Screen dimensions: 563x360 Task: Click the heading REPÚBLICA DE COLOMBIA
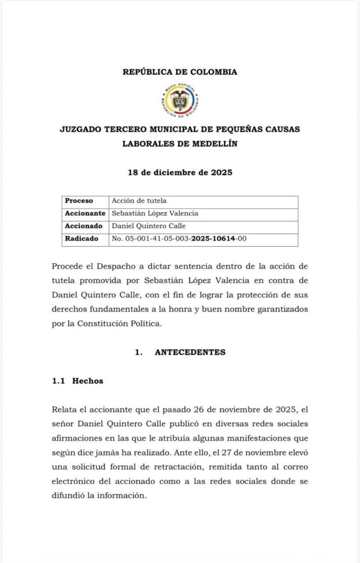[x=180, y=72]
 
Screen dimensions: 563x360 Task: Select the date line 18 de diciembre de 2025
[x=180, y=172]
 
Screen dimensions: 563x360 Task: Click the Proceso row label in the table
[x=79, y=201]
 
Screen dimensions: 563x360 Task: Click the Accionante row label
[x=85, y=213]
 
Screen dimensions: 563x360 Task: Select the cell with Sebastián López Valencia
[x=154, y=213]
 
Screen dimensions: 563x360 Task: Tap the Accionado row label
[x=84, y=226]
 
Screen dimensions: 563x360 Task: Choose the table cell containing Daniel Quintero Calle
[x=148, y=226]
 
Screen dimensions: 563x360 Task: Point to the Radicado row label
[x=82, y=239]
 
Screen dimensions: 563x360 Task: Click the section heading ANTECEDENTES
[x=190, y=352]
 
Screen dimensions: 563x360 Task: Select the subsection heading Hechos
[x=87, y=381]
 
